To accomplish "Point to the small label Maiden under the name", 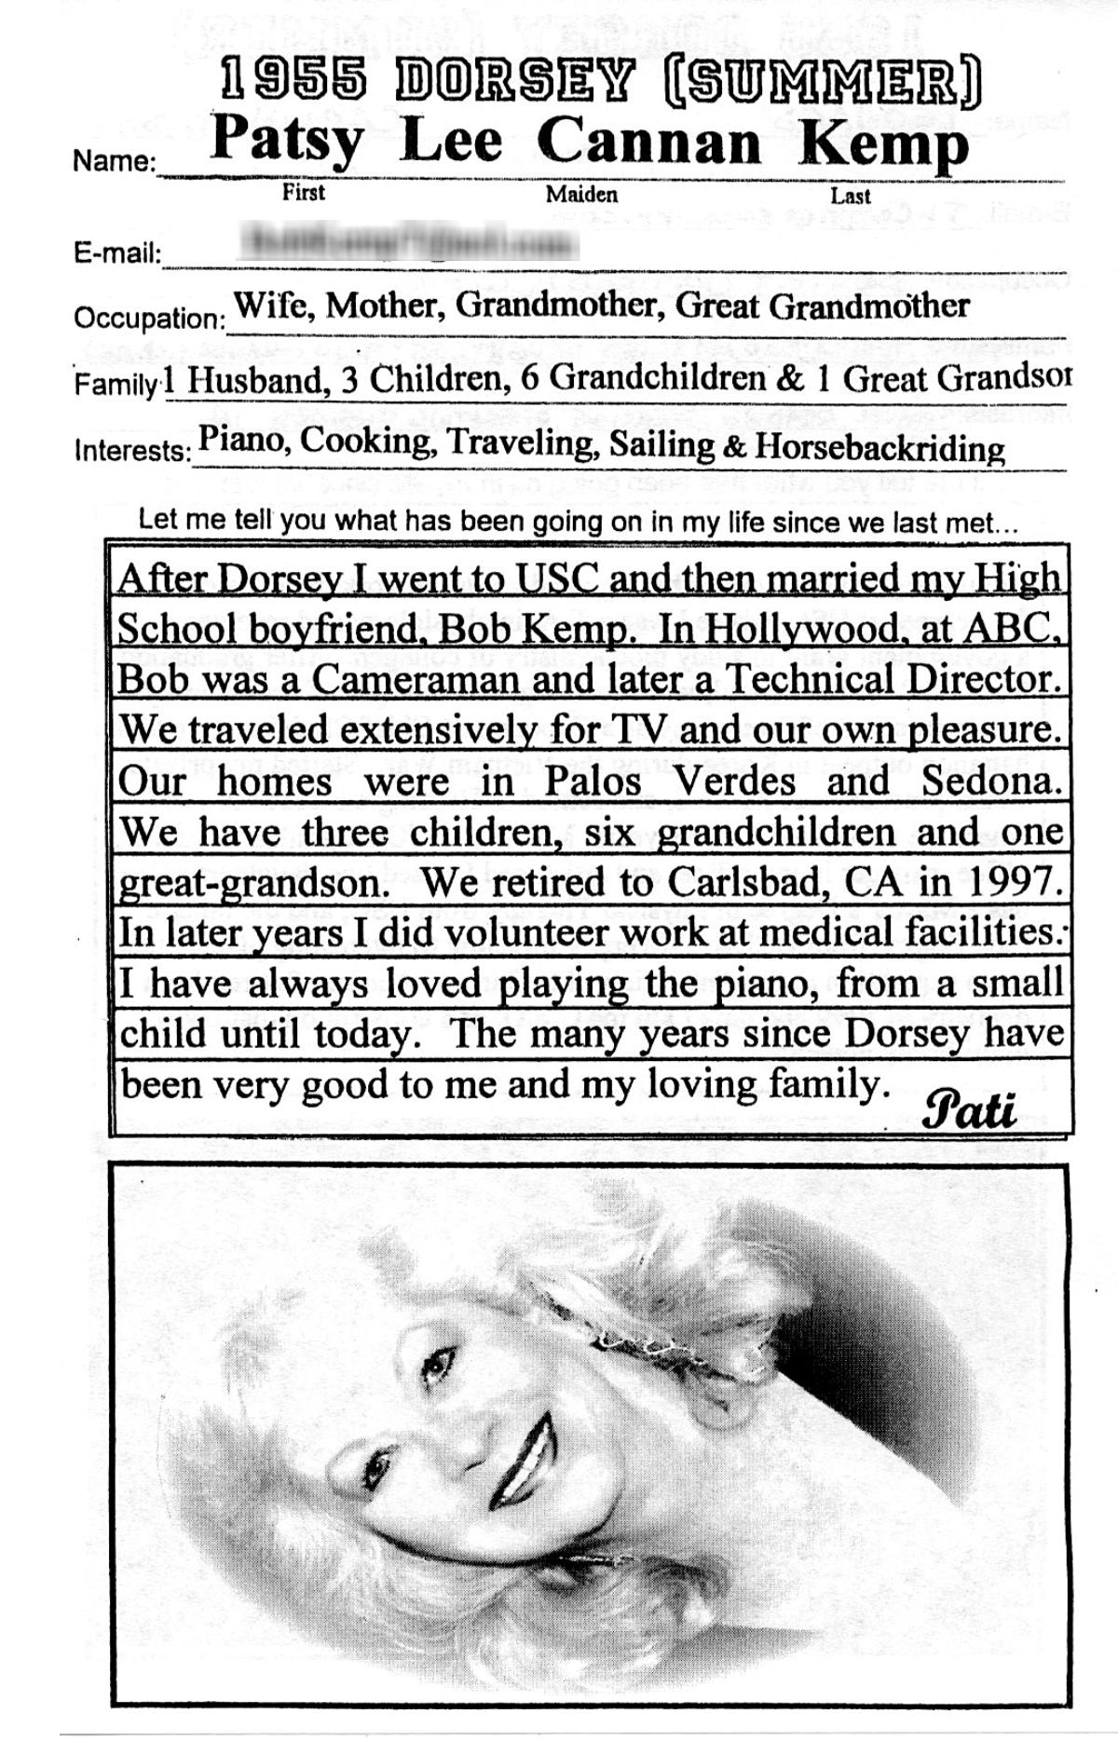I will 581,194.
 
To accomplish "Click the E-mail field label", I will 117,253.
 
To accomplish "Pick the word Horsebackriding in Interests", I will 879,448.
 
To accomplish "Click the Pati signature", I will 969,1109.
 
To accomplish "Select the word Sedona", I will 991,781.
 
